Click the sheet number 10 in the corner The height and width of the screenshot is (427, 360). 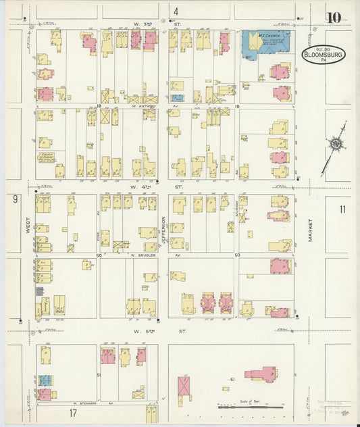(334, 18)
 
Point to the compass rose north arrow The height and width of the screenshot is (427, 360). (336, 145)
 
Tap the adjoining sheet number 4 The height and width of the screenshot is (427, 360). (176, 11)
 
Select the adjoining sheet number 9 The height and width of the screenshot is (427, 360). (14, 199)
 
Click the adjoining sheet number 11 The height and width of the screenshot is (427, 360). (342, 209)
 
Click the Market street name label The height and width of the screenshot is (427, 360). (311, 230)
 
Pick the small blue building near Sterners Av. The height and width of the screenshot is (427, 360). (45, 380)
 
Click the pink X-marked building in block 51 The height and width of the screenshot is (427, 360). (184, 386)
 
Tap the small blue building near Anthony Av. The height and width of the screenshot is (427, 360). (176, 98)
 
